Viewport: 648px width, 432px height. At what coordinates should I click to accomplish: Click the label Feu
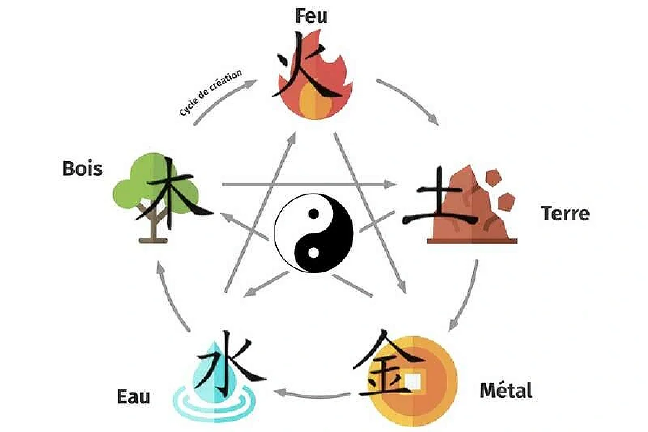(x=312, y=16)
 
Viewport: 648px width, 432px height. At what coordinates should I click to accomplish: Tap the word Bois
(x=83, y=168)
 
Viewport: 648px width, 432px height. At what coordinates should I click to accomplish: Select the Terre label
(x=565, y=213)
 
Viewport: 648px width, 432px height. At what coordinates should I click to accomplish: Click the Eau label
(x=134, y=396)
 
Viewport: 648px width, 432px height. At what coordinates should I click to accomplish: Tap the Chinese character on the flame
(x=307, y=65)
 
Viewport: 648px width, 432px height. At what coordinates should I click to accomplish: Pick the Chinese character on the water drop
(x=230, y=362)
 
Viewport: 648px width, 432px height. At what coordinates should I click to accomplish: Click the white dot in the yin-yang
(x=314, y=253)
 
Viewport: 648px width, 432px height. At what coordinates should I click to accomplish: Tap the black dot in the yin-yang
(x=314, y=214)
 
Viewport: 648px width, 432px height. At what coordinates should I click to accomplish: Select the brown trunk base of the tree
(x=153, y=240)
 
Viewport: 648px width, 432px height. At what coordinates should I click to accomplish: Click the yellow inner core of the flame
(x=315, y=102)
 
